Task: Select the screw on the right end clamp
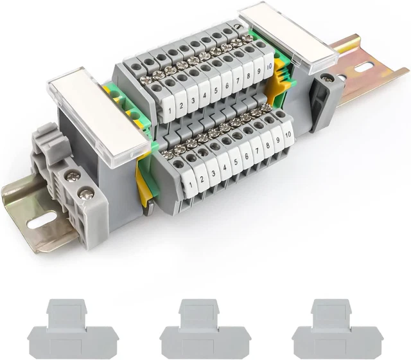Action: click(328, 79)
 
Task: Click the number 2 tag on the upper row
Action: click(180, 107)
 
